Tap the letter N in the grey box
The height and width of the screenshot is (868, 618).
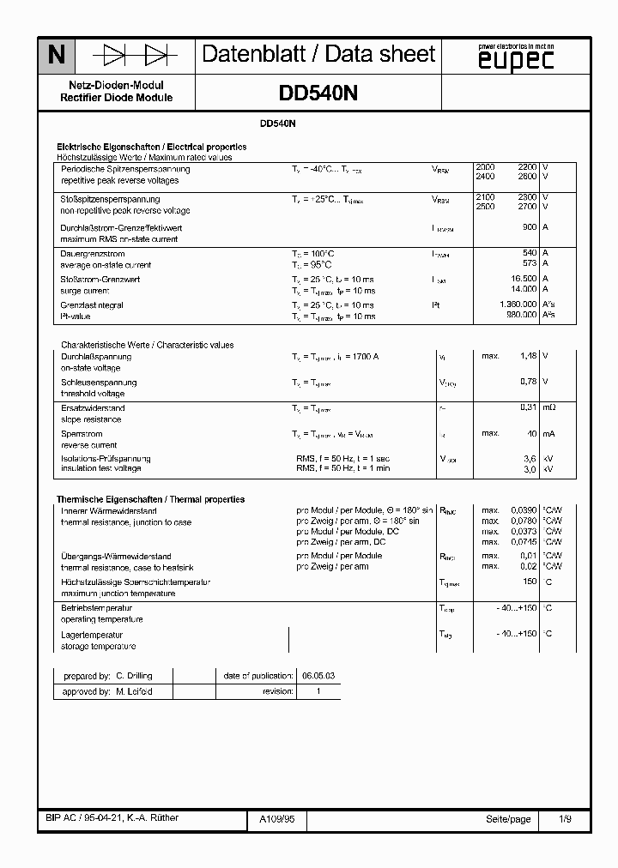pos(56,57)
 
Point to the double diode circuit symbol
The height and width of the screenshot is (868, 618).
pos(135,57)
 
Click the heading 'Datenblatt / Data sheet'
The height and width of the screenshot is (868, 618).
pos(318,55)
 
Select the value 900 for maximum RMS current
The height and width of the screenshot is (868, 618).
pos(530,227)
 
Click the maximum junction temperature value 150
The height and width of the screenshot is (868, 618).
pos(529,582)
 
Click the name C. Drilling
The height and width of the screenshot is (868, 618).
pos(134,676)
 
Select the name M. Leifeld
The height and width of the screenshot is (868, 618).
pos(134,690)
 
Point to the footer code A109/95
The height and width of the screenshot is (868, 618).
pos(276,819)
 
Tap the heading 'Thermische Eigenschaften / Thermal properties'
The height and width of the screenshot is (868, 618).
pos(151,499)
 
